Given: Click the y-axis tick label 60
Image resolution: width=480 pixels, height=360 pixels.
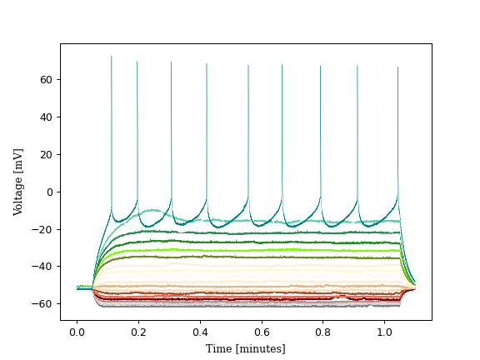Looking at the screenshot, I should [x=46, y=79].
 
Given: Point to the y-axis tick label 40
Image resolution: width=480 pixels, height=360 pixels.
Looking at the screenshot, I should [x=46, y=117].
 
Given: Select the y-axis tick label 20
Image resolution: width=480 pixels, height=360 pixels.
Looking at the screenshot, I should [x=46, y=154].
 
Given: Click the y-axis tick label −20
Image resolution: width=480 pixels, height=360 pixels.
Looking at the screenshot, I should [x=43, y=229].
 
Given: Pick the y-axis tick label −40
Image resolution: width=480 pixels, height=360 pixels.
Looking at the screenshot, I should [x=43, y=267].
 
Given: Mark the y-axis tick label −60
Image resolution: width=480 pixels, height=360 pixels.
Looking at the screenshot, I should [x=43, y=304].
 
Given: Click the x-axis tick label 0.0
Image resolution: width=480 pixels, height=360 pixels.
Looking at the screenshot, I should [x=77, y=332].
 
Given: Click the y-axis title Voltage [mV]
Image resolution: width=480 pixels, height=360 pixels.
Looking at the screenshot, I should [x=18, y=182].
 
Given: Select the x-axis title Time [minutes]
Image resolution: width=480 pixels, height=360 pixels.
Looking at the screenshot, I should [x=246, y=348].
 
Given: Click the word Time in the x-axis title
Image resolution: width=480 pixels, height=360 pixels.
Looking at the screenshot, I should [x=218, y=348].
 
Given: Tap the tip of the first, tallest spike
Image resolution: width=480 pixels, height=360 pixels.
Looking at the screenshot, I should [x=112, y=57].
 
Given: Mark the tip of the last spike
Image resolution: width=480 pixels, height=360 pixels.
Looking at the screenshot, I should [x=397, y=68].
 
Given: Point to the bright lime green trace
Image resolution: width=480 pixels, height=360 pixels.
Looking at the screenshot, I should [x=250, y=249].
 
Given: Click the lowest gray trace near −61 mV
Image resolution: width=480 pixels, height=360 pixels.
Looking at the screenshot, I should [x=250, y=305].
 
